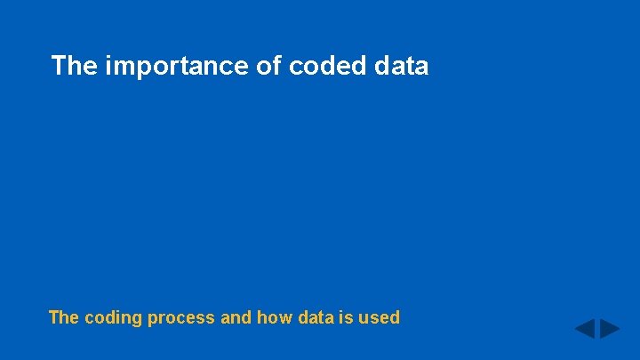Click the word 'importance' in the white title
tap(178, 66)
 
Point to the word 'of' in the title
tap(269, 66)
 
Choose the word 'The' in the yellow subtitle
tap(64, 317)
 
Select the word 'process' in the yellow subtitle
tap(175, 318)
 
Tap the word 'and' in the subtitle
tap(235, 317)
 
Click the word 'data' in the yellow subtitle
tap(315, 317)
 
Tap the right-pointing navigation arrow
tap(610, 329)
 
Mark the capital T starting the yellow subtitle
tap(53, 317)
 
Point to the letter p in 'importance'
tap(137, 68)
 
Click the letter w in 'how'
tap(284, 318)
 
